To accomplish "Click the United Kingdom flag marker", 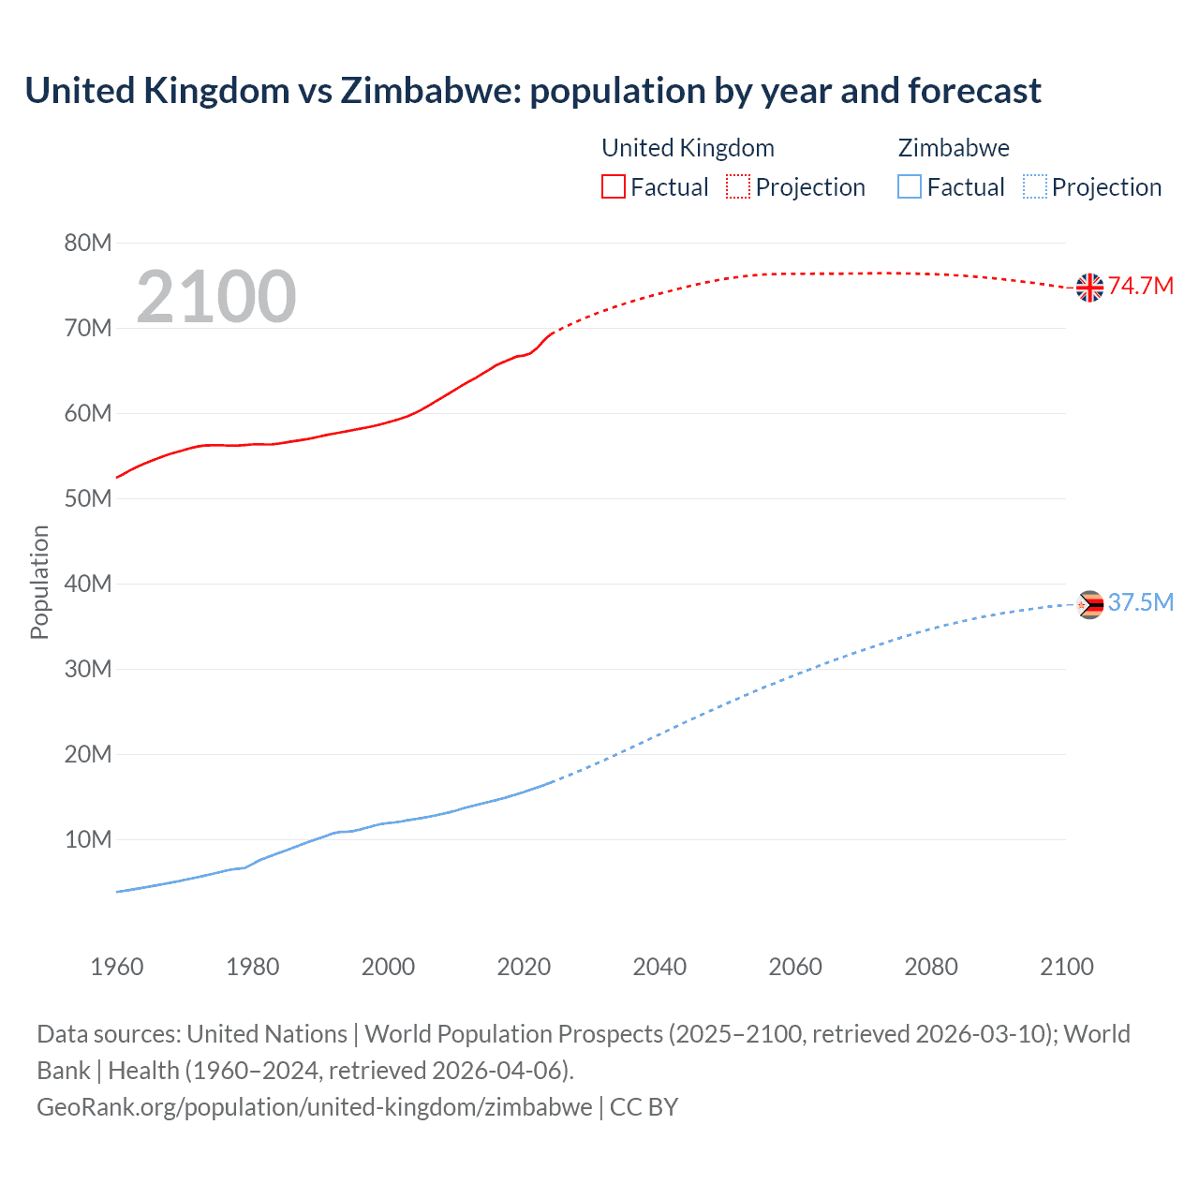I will pos(1089,288).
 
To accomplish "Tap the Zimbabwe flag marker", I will pos(1089,605).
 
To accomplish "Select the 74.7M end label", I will pos(1141,287).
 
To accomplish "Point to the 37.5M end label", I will pos(1141,602).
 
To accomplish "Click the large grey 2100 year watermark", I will pos(216,297).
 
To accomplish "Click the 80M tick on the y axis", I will pos(88,244).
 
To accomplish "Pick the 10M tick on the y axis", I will pos(88,840).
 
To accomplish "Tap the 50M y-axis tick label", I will pos(88,499).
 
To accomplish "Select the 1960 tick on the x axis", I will pos(117,967).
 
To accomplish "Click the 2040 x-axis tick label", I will pos(659,967).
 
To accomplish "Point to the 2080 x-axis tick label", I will pos(931,967).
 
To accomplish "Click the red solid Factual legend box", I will pos(614,187).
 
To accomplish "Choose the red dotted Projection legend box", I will pos(738,187).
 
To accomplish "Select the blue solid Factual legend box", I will pos(910,187).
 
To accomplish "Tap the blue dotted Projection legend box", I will pos(1035,187).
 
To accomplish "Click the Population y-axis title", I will pos(39,582).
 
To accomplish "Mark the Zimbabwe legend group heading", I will pos(954,148).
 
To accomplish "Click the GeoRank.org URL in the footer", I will pos(314,1107).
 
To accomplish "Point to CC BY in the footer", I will pos(644,1107).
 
